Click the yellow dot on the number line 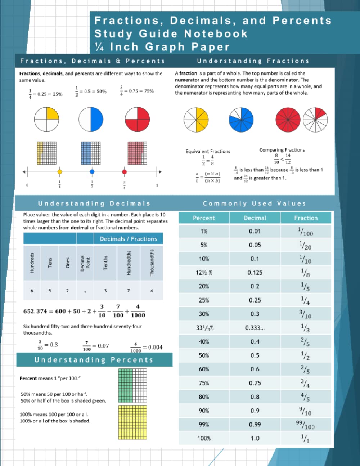[x=60, y=172]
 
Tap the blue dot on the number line [x=92, y=172]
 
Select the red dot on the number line [x=125, y=172]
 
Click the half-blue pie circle [x=91, y=119]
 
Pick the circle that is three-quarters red [x=138, y=119]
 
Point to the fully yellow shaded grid [x=132, y=422]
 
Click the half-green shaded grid [x=132, y=382]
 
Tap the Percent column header [x=204, y=218]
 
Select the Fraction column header [x=306, y=218]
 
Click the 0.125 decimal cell [x=255, y=273]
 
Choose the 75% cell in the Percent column [x=204, y=383]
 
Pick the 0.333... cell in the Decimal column [x=255, y=328]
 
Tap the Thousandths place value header [x=152, y=263]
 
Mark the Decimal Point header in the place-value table [x=85, y=263]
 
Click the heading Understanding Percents [x=94, y=360]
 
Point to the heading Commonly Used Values [x=255, y=203]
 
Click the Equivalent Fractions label [x=208, y=151]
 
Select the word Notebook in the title [x=216, y=34]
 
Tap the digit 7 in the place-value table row [x=129, y=290]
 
